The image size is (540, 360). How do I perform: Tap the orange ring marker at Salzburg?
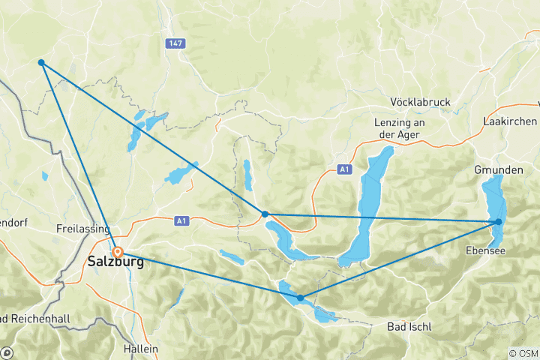(118, 253)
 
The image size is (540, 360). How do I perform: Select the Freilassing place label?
(84, 227)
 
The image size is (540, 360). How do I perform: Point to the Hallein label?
(141, 349)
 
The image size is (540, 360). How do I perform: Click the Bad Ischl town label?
(411, 327)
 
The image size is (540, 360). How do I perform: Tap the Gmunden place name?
(498, 170)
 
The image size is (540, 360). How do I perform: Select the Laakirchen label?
(511, 121)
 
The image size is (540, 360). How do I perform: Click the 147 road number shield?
(175, 45)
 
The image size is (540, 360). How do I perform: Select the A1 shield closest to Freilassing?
(181, 220)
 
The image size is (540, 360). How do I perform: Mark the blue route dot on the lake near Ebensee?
(498, 221)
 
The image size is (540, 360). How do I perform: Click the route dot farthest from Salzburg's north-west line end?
(498, 221)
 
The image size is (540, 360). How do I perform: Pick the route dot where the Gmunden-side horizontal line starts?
(265, 214)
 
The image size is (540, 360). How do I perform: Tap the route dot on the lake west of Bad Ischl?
(301, 298)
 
